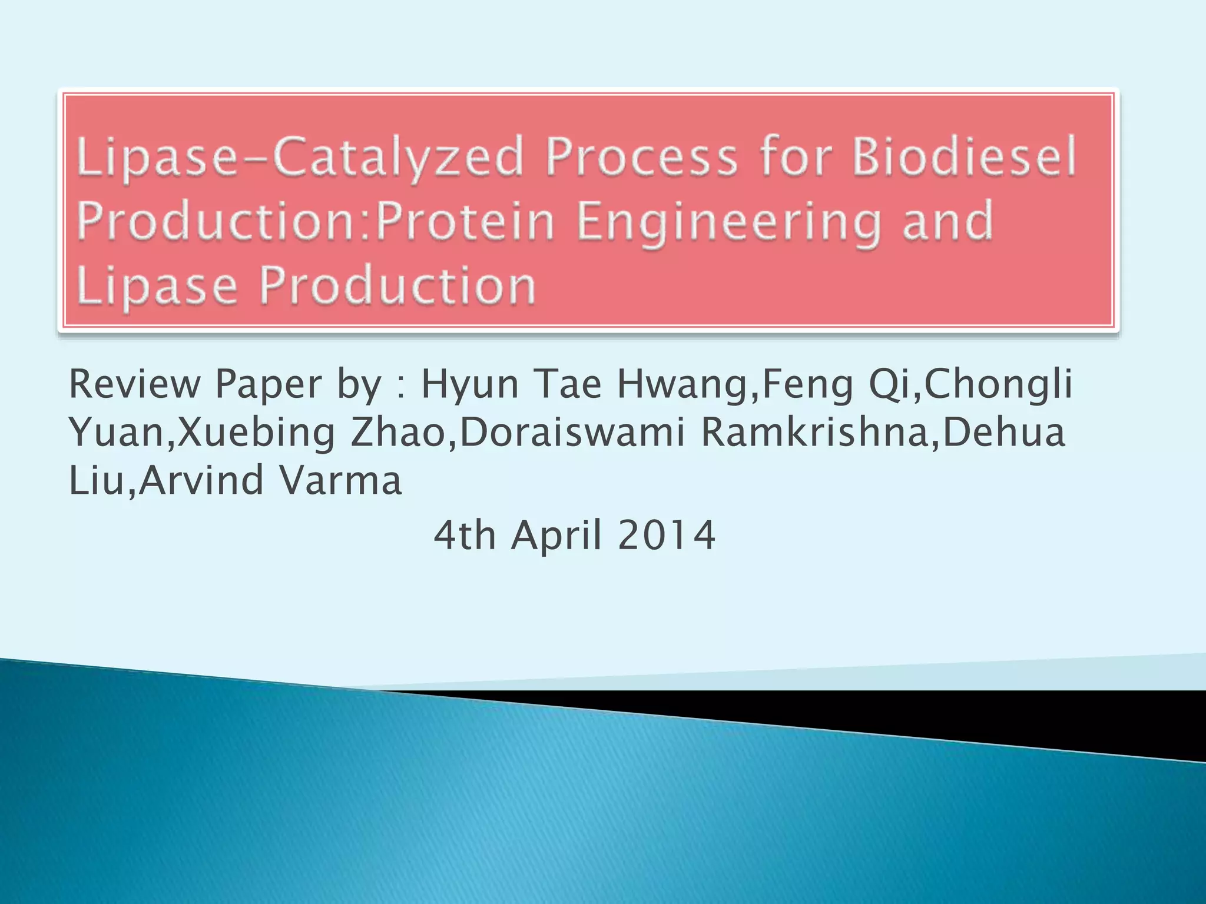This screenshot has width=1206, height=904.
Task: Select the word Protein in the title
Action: pyautogui.click(x=465, y=221)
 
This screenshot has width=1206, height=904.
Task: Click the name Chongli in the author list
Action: pyautogui.click(x=998, y=384)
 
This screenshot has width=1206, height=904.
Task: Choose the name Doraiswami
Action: pyautogui.click(x=572, y=433)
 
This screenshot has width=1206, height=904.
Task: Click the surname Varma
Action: pyautogui.click(x=340, y=480)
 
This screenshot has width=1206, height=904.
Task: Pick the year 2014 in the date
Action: pyautogui.click(x=667, y=536)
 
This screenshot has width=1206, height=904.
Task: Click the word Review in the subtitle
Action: pyautogui.click(x=135, y=384)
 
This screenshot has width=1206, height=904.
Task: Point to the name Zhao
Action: pyautogui.click(x=397, y=433)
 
